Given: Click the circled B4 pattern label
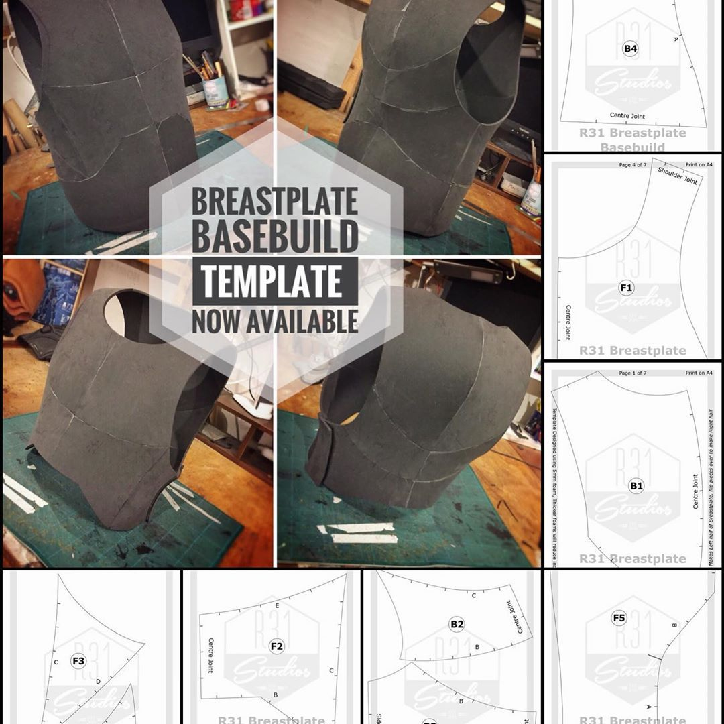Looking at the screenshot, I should pyautogui.click(x=630, y=48).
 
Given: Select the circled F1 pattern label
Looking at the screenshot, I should pyautogui.click(x=626, y=288).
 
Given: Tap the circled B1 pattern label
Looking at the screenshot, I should pyautogui.click(x=636, y=486).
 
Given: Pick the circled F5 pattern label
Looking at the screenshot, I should pyautogui.click(x=619, y=617).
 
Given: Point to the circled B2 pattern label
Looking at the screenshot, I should pyautogui.click(x=457, y=624).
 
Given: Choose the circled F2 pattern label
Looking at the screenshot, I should pyautogui.click(x=276, y=646).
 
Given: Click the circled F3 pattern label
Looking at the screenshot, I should pyautogui.click(x=78, y=661).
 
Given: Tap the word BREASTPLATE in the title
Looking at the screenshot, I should pyautogui.click(x=274, y=201).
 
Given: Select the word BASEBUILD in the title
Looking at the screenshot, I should pyautogui.click(x=274, y=237).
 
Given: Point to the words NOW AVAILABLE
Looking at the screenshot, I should pyautogui.click(x=274, y=321).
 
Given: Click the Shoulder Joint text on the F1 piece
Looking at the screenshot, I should pyautogui.click(x=678, y=176).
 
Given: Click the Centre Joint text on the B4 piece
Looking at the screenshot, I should pyautogui.click(x=627, y=116).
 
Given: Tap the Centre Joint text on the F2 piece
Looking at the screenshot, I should pyautogui.click(x=210, y=655).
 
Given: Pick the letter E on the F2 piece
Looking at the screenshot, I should pyautogui.click(x=277, y=605).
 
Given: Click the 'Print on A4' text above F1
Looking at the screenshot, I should pyautogui.click(x=699, y=164).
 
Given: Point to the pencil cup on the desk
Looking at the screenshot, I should pyautogui.click(x=216, y=92).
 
